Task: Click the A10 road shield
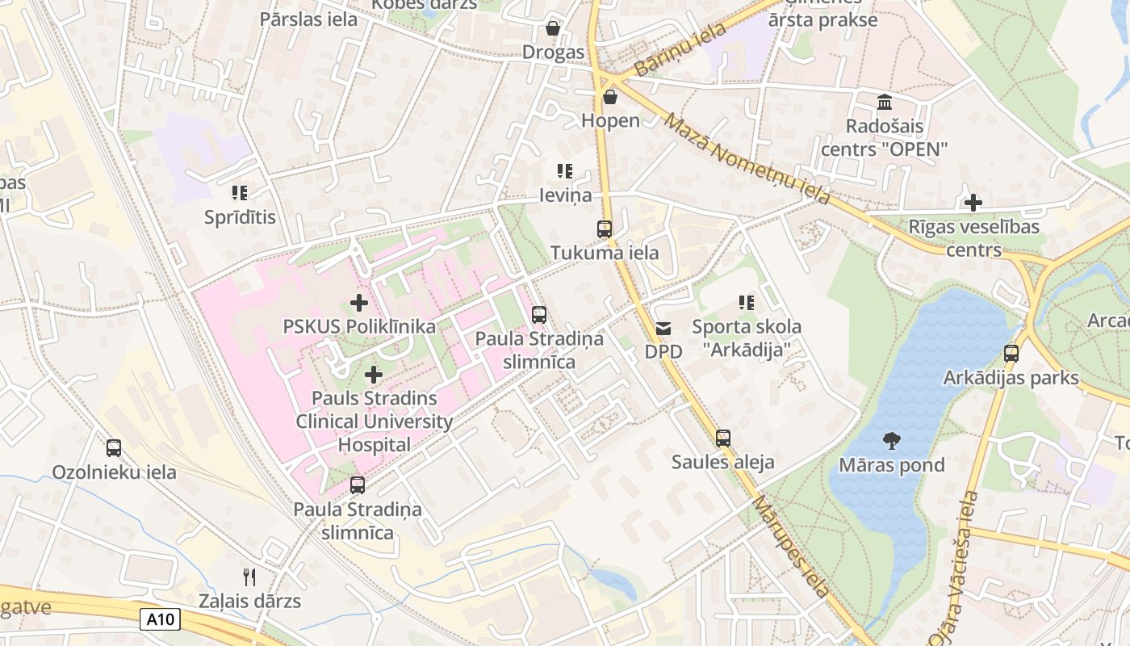(x=160, y=619)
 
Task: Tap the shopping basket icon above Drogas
(x=553, y=28)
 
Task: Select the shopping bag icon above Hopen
(x=610, y=97)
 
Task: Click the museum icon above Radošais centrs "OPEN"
(x=885, y=103)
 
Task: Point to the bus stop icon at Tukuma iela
(x=605, y=229)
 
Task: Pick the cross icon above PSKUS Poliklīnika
(x=359, y=303)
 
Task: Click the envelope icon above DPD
(x=663, y=328)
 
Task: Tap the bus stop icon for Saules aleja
(x=723, y=438)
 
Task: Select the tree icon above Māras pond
(x=892, y=441)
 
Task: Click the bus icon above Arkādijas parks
(x=1011, y=353)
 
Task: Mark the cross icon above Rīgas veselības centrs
(x=974, y=202)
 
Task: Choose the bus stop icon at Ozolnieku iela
(x=114, y=447)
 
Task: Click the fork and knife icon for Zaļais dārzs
(x=249, y=577)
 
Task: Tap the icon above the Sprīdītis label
(x=240, y=192)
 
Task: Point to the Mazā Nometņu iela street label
(x=747, y=158)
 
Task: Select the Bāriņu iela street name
(x=680, y=51)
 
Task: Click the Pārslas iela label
(x=308, y=19)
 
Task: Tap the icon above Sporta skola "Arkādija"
(x=747, y=303)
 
